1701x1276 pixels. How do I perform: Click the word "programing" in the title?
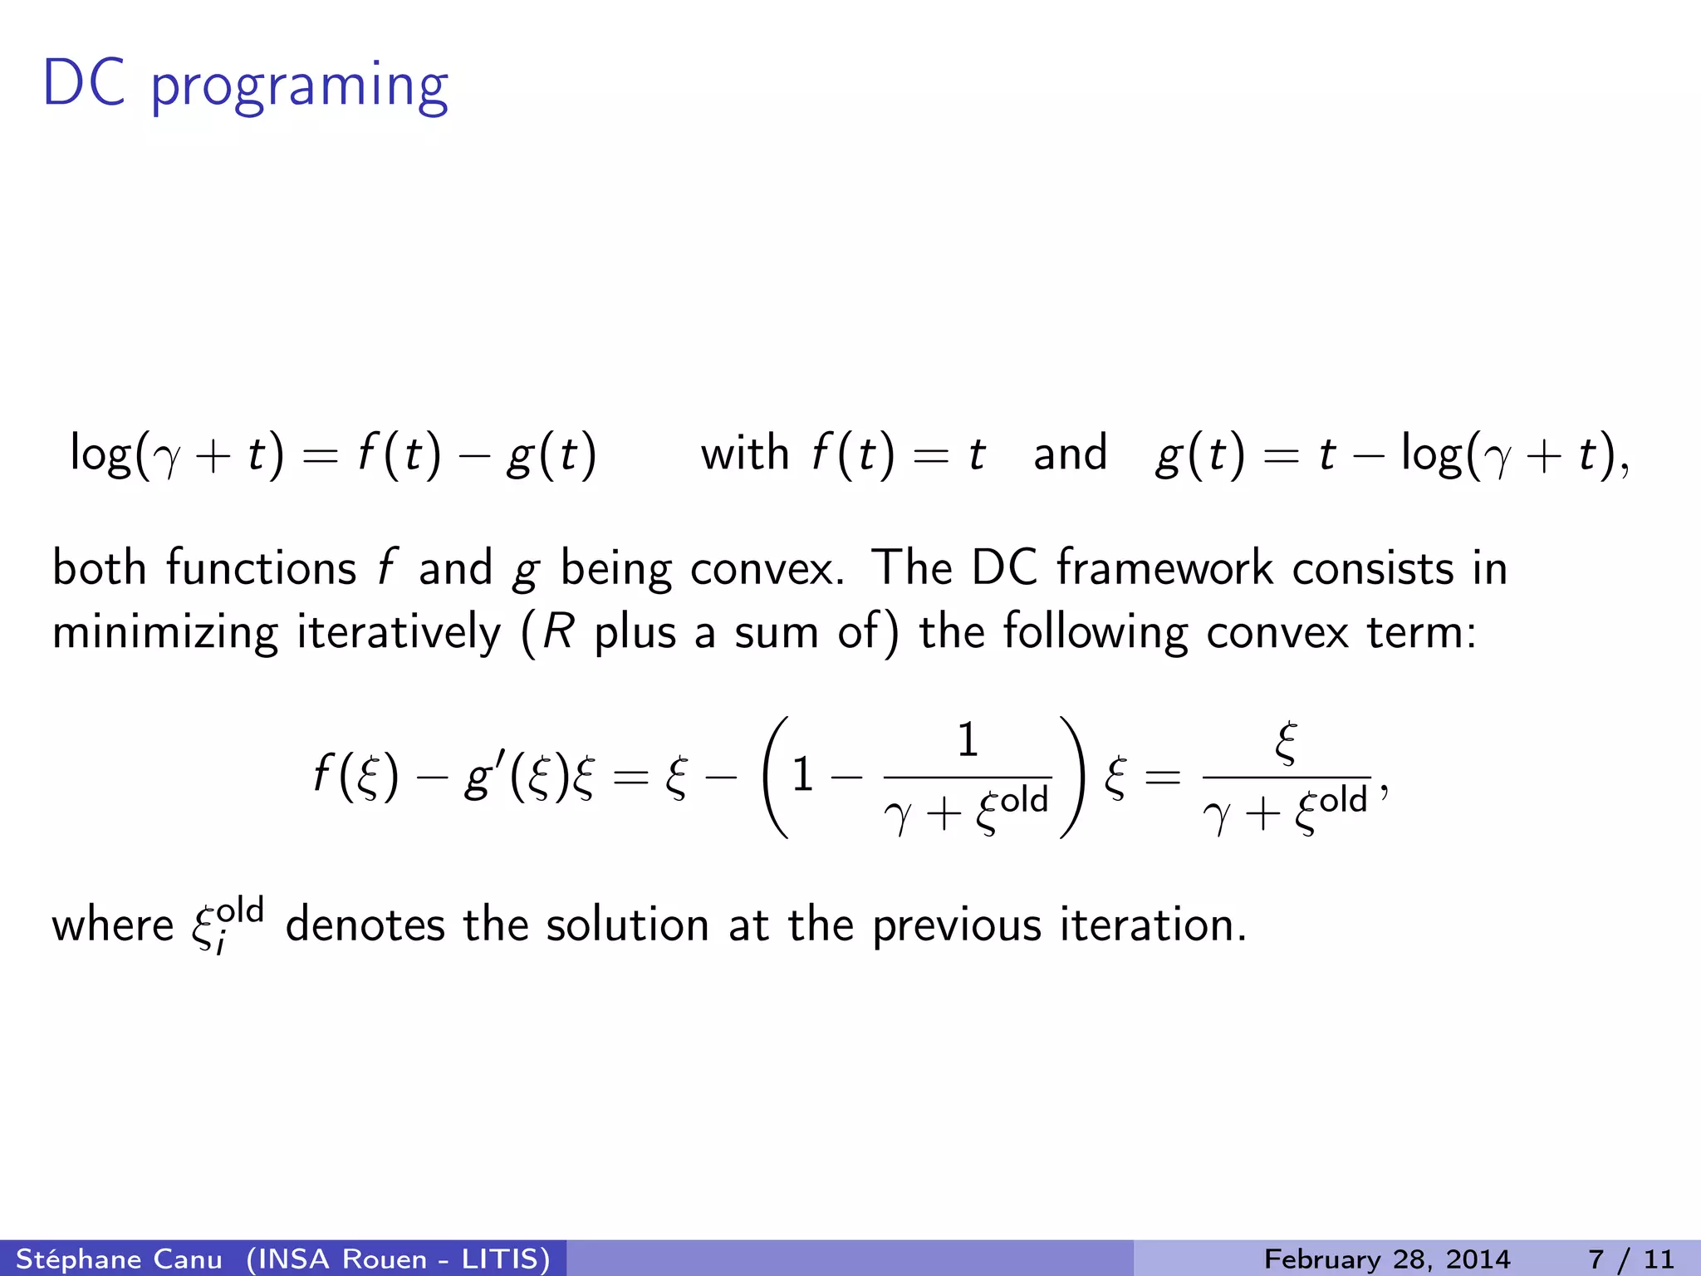pyautogui.click(x=299, y=87)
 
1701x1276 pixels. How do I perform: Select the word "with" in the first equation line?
pyautogui.click(x=744, y=454)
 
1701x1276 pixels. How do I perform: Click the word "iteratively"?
pyautogui.click(x=399, y=633)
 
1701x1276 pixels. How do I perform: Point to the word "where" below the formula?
pyautogui.click(x=113, y=925)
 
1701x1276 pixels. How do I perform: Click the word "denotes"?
pyautogui.click(x=365, y=925)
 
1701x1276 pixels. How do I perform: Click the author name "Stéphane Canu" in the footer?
pyautogui.click(x=119, y=1259)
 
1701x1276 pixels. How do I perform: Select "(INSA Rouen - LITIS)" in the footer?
pyautogui.click(x=399, y=1259)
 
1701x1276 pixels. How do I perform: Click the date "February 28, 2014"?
pyautogui.click(x=1387, y=1259)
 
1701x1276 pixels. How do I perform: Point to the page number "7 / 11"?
pyautogui.click(x=1631, y=1259)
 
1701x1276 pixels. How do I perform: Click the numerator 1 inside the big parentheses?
pyautogui.click(x=968, y=739)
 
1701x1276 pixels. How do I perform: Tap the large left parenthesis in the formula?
pyautogui.click(x=774, y=777)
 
